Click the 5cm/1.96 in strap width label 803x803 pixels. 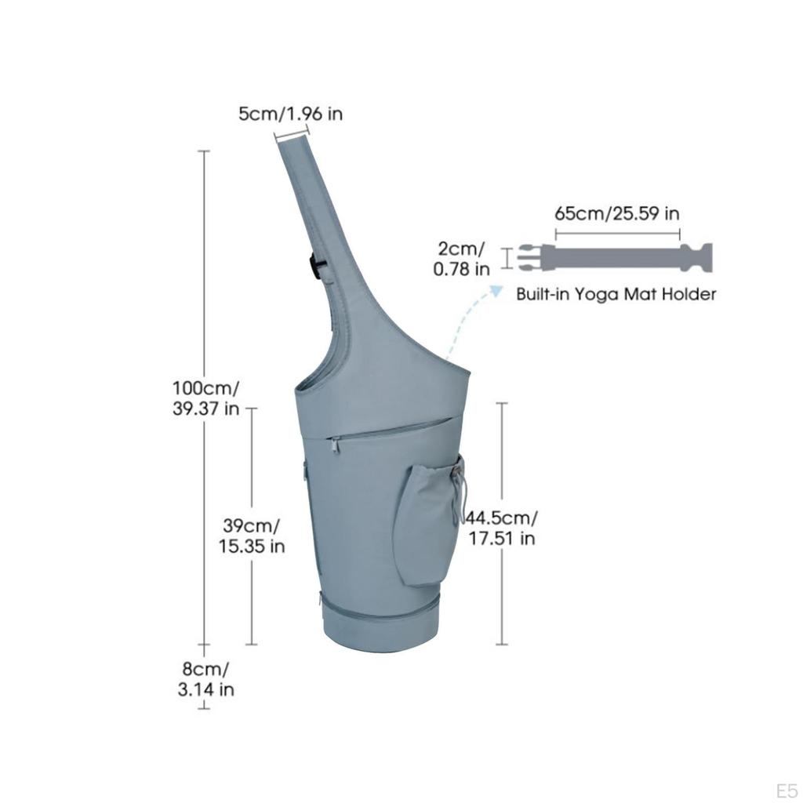click(290, 114)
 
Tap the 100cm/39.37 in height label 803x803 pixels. click(206, 398)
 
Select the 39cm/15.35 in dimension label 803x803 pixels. click(252, 536)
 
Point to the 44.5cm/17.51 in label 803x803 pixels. click(501, 528)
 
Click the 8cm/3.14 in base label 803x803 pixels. click(206, 679)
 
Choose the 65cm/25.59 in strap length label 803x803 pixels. click(617, 213)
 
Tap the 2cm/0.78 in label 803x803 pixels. click(461, 259)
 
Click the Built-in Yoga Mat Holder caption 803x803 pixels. click(616, 294)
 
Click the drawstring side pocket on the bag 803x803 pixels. click(431, 522)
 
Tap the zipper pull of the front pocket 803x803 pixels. click(335, 445)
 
